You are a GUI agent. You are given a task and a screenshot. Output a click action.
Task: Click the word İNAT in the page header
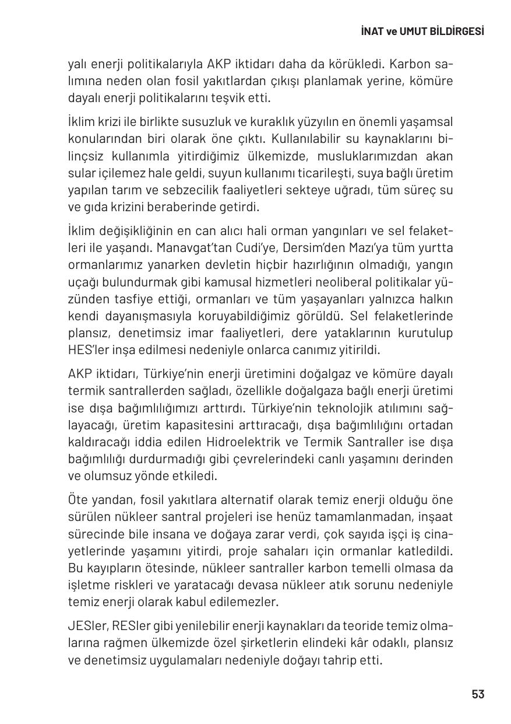[371, 32]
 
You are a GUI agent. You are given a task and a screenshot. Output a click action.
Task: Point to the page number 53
[478, 694]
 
